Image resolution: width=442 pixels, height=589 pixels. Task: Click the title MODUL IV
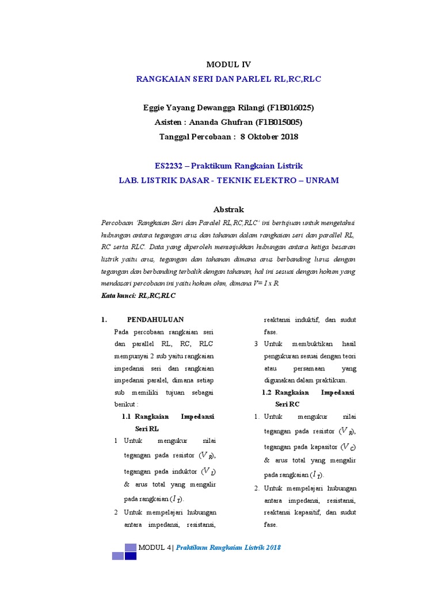(x=228, y=64)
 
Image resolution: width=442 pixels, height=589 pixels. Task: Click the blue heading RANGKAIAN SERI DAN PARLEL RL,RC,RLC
(x=228, y=79)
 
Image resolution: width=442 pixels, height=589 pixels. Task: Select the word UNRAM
(x=322, y=180)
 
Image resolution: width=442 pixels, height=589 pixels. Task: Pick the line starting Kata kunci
(x=138, y=296)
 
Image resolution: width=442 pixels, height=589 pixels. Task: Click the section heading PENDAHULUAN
(x=155, y=319)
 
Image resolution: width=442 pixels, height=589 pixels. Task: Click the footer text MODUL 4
(x=155, y=547)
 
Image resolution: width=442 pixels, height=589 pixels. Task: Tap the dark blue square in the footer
(x=131, y=556)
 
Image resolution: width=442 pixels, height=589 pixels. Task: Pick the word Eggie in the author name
(x=154, y=108)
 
